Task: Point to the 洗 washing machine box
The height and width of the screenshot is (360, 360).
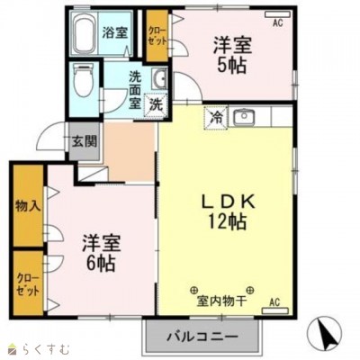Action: pyautogui.click(x=157, y=103)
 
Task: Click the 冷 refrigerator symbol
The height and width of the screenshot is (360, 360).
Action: pyautogui.click(x=217, y=116)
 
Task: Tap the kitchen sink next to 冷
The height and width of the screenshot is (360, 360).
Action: pyautogui.click(x=244, y=116)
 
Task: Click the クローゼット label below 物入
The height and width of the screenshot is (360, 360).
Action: pyautogui.click(x=28, y=285)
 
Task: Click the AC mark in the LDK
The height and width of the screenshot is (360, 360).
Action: pyautogui.click(x=275, y=302)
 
